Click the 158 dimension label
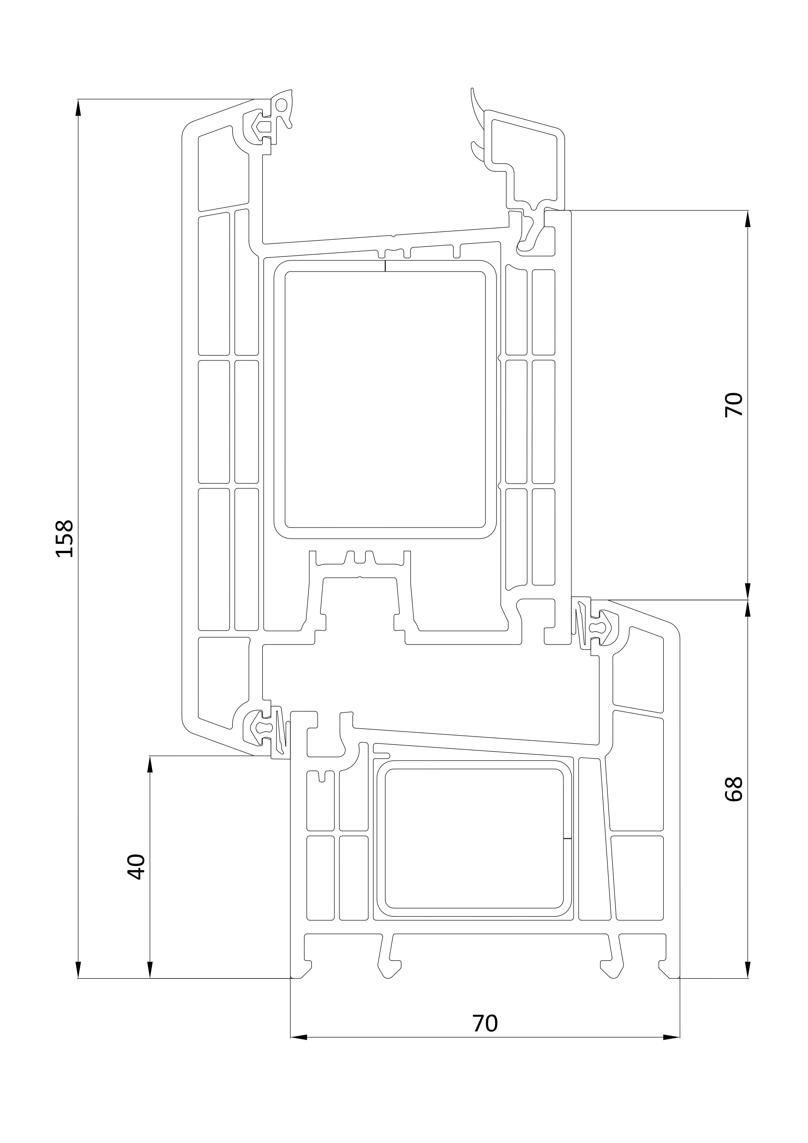tap(65, 539)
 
